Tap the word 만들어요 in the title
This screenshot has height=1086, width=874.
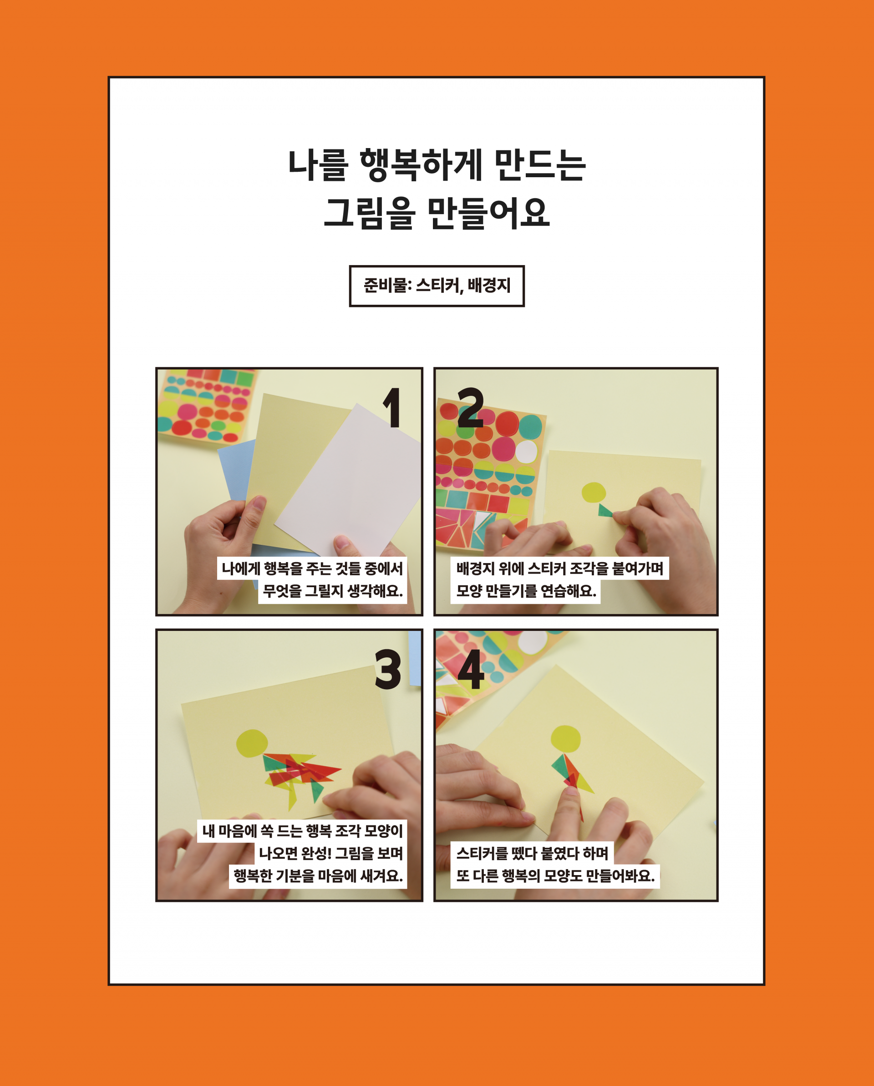488,214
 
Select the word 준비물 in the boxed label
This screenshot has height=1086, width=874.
386,286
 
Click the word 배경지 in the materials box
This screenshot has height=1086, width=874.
489,286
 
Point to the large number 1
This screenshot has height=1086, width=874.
392,408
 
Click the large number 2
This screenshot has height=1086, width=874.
470,408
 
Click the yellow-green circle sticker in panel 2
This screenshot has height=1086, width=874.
594,492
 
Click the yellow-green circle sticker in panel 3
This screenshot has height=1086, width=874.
252,743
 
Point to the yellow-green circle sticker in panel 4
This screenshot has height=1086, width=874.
565,739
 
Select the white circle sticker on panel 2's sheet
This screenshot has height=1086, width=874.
526,452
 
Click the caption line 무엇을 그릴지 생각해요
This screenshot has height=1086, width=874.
333,591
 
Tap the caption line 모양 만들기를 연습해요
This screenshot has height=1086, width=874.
526,591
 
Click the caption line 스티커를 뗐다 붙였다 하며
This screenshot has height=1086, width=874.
532,853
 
